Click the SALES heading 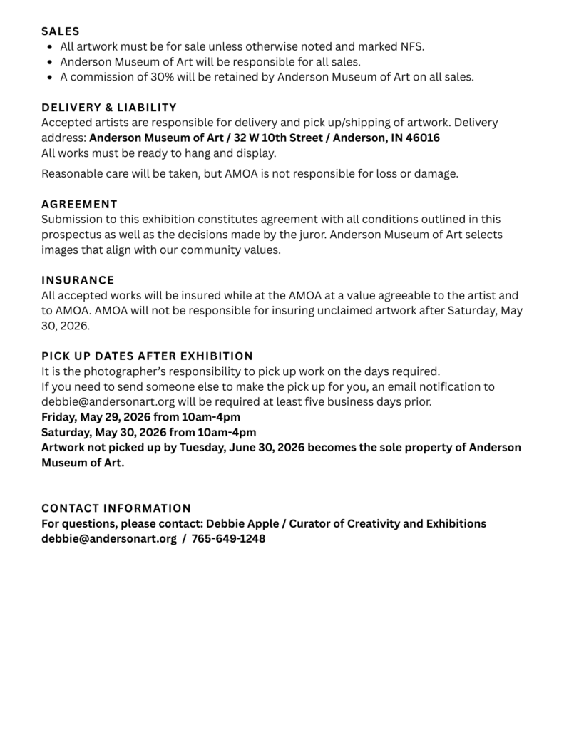coord(61,31)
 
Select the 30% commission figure coord(160,77)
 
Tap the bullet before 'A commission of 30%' coord(49,77)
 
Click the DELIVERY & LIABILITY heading coord(109,108)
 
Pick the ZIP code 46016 coord(423,138)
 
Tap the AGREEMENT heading coord(79,204)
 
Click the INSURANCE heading coord(78,280)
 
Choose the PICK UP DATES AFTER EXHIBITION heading coord(147,356)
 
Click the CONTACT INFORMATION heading coord(116,508)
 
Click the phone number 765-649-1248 coord(228,539)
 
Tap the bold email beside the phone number coord(109,539)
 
